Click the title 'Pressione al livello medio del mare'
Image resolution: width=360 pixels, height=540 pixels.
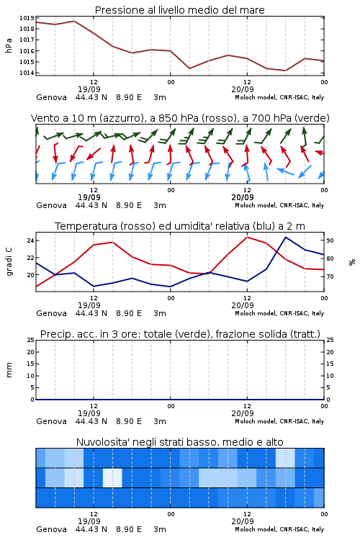(179, 10)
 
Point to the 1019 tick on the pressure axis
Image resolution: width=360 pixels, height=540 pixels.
(27, 18)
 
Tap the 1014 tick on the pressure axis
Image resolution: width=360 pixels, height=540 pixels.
(27, 73)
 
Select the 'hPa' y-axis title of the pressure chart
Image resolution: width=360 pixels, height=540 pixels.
(9, 45)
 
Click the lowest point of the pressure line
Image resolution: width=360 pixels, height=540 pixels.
(285, 71)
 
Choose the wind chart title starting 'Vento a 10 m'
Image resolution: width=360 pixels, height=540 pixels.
(180, 118)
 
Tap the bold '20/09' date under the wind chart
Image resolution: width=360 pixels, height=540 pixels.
(243, 197)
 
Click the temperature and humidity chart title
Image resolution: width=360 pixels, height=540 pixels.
(180, 226)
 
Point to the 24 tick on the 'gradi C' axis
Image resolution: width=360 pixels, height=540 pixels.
(31, 240)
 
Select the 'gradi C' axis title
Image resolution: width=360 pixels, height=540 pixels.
(9, 262)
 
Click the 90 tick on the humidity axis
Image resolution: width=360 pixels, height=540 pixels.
(330, 240)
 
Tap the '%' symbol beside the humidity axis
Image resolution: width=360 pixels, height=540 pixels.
(352, 262)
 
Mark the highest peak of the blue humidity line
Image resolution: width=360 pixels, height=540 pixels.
(286, 237)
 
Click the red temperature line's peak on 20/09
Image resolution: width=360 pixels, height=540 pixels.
(247, 237)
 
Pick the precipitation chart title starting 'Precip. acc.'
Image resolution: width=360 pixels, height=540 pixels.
(180, 334)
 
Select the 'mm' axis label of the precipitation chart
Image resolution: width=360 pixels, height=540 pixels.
(9, 370)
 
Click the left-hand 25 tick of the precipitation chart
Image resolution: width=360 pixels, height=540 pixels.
(31, 340)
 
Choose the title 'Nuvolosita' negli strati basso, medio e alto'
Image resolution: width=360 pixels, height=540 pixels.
(179, 442)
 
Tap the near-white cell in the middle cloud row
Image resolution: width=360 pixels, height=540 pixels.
(112, 477)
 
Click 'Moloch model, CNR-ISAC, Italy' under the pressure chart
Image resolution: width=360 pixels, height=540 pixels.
(279, 97)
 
